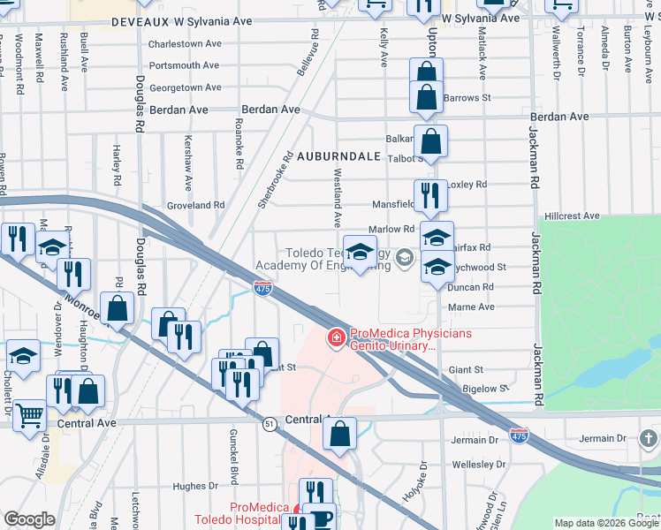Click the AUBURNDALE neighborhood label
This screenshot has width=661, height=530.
338,155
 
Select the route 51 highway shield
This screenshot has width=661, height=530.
268,424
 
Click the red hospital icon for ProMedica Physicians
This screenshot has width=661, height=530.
336,337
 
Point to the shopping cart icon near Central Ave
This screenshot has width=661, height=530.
29,413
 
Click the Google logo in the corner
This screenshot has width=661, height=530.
29,519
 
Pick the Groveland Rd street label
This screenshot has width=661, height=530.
196,205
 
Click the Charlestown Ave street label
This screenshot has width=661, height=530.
185,43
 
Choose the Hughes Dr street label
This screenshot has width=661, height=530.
195,486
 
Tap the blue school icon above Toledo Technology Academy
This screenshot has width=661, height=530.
360,254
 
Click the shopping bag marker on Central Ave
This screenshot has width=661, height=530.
339,434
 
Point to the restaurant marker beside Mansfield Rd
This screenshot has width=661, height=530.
429,193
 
